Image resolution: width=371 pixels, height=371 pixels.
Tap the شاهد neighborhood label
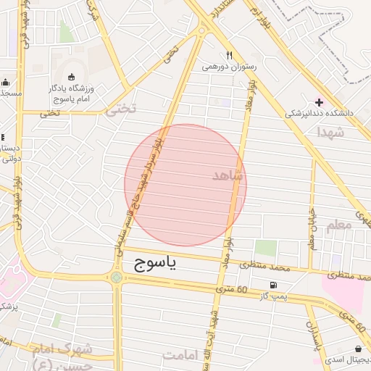click(x=228, y=175)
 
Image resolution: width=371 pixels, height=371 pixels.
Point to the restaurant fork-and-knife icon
click(x=229, y=55)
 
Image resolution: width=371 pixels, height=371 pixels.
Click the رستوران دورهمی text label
click(x=230, y=67)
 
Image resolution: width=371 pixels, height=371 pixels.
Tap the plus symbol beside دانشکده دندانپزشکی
click(x=319, y=102)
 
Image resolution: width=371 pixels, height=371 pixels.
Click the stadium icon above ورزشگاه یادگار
click(x=71, y=78)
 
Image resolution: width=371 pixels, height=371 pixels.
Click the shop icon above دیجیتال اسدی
click(x=358, y=349)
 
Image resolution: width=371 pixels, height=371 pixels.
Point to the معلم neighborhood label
click(x=339, y=225)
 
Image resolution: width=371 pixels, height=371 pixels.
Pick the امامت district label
click(x=181, y=355)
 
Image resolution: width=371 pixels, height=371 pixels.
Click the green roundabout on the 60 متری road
click(x=117, y=277)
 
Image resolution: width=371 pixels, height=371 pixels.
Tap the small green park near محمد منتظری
click(x=265, y=248)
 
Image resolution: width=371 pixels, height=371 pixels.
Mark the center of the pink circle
click(x=185, y=185)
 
